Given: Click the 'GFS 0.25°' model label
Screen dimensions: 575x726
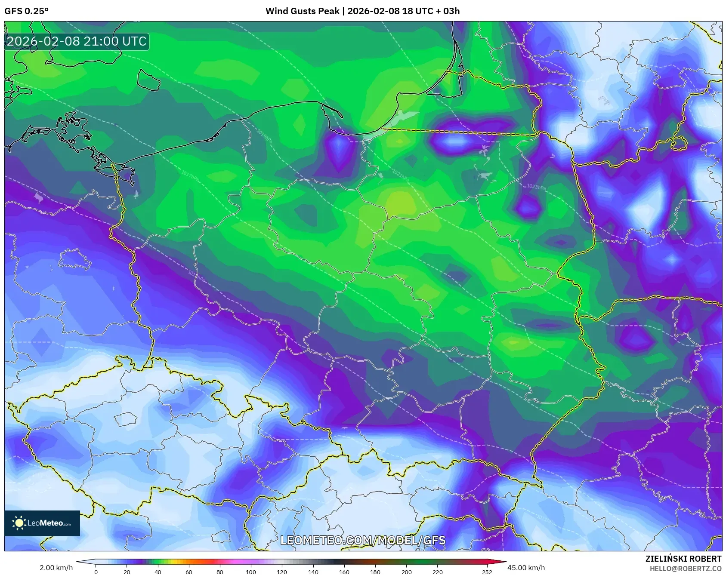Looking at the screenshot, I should [27, 11].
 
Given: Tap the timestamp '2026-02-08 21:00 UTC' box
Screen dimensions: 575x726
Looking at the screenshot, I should [77, 41].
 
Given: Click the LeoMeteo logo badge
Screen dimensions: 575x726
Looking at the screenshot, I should [42, 523].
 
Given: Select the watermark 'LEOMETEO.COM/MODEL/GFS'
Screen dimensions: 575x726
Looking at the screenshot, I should [363, 540].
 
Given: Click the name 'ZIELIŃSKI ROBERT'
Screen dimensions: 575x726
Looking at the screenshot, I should [683, 559].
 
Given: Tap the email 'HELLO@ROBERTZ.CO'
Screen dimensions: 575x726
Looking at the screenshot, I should [685, 569].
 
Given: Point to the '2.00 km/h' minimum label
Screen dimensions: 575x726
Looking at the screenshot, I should [56, 568].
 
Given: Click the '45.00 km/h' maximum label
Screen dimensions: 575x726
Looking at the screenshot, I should [526, 568].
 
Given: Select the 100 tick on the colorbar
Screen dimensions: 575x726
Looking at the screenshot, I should [251, 572].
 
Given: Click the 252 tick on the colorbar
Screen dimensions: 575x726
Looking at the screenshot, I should [487, 572].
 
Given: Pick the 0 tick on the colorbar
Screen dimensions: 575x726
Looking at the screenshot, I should [96, 572].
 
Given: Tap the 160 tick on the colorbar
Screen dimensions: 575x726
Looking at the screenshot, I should [344, 572].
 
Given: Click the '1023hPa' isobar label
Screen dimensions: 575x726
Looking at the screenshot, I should [536, 187].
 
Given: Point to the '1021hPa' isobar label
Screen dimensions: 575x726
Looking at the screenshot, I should [400, 174].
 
